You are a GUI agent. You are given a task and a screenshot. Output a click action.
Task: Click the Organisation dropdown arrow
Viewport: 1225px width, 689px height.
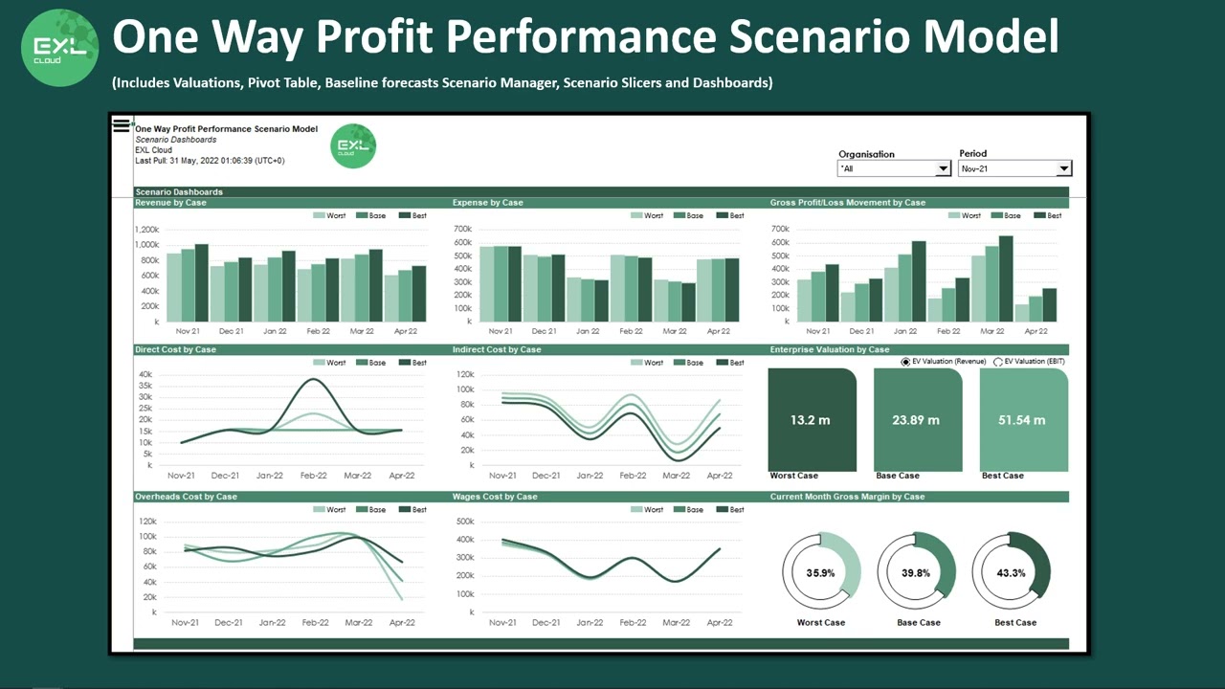(943, 168)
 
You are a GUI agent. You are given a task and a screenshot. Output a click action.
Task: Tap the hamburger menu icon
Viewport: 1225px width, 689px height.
(122, 124)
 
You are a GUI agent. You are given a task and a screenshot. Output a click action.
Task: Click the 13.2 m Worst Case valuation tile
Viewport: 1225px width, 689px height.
(812, 419)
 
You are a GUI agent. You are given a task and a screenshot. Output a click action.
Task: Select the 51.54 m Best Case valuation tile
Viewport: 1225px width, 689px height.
(1023, 419)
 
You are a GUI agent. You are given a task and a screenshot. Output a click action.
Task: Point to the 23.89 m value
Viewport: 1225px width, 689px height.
(916, 420)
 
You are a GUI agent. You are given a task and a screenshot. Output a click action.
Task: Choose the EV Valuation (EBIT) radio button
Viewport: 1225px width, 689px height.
(998, 362)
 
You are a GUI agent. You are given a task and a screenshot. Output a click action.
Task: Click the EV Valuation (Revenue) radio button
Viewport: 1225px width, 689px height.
(905, 362)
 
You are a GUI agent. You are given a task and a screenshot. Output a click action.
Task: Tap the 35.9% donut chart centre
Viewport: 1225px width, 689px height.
(820, 573)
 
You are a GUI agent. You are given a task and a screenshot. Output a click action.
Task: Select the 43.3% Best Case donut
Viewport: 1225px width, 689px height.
(1011, 573)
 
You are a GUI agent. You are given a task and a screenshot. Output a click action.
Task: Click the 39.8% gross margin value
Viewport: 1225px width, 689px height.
(916, 573)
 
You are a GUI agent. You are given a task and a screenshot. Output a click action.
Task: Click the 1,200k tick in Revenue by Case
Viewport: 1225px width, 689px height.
(147, 230)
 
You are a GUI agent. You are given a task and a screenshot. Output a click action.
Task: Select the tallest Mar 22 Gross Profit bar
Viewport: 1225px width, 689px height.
(1006, 278)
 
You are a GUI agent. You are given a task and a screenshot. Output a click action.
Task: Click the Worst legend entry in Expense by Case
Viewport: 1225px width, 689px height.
(648, 215)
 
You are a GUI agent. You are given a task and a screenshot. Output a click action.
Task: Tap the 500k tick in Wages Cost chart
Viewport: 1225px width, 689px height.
(464, 522)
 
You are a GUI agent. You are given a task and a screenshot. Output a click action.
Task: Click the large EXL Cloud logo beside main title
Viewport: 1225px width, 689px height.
(60, 47)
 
